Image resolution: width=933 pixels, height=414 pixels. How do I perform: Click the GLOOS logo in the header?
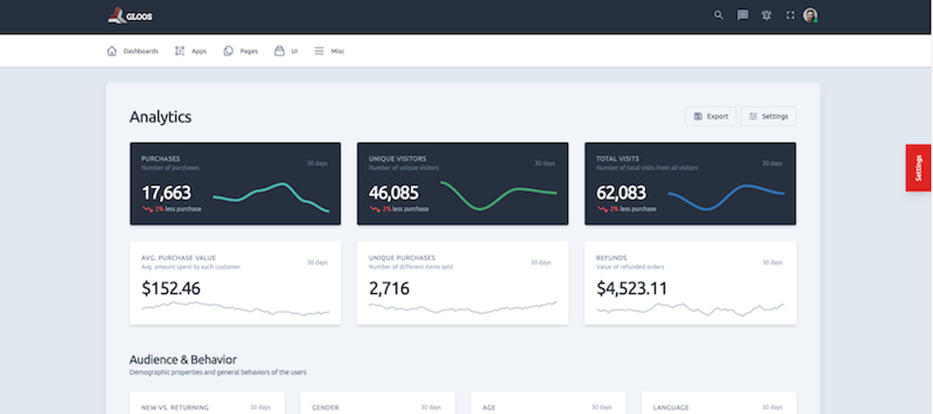click(130, 16)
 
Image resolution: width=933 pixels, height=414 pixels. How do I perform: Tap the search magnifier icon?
click(718, 15)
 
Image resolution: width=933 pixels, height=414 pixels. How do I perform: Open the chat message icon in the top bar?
click(742, 15)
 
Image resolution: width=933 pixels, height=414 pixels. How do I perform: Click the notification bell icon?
click(766, 15)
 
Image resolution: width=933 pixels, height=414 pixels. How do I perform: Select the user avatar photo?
click(810, 15)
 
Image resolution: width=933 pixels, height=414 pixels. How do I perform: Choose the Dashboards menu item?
click(133, 51)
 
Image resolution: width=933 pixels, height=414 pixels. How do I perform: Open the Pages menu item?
click(241, 51)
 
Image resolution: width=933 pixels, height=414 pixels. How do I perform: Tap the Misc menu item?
click(329, 51)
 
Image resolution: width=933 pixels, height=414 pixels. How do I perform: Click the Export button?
click(711, 117)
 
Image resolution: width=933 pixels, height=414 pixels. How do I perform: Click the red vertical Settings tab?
click(918, 168)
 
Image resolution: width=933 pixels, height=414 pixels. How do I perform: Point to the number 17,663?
click(166, 193)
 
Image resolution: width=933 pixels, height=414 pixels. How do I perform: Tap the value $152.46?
click(171, 289)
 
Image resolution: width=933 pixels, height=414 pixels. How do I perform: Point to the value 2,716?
click(389, 289)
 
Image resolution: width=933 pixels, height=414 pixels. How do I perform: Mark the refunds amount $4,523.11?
click(632, 289)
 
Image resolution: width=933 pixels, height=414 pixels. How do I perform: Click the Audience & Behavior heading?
click(183, 360)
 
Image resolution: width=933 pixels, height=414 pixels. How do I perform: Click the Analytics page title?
click(160, 117)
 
